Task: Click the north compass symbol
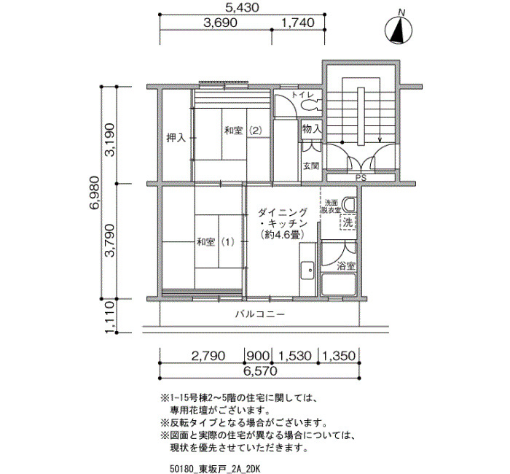pos(399,30)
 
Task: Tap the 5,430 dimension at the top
pos(243,7)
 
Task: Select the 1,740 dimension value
pos(297,23)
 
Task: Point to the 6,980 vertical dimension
pos(94,193)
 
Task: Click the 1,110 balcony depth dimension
pos(109,316)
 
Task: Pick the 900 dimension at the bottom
pos(258,356)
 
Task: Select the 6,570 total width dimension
pos(260,370)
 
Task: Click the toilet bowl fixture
pos(310,105)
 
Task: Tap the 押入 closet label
pos(176,138)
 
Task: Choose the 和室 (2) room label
pos(243,131)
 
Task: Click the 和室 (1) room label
pos(215,242)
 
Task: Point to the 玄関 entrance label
pos(311,166)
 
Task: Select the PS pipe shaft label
pos(361,178)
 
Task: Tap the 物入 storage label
pos(312,129)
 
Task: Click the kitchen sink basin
pos(307,271)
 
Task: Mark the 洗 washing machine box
pos(348,222)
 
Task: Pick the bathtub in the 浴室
pos(339,284)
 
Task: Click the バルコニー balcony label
pos(260,314)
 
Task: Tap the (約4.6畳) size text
pos(283,235)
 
